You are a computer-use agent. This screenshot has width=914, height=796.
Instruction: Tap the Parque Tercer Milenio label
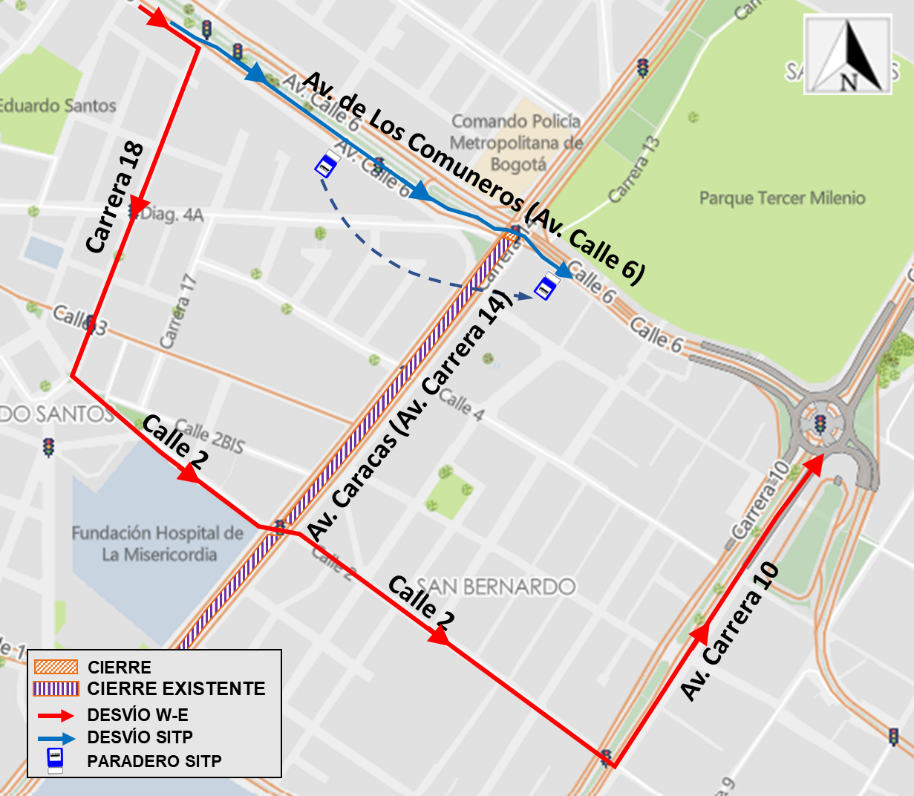782,198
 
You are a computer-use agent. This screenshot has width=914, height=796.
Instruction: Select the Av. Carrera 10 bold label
731,630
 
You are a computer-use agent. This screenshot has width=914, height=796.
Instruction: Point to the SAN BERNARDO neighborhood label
496,585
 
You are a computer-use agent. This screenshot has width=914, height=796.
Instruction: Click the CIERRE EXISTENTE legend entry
176,689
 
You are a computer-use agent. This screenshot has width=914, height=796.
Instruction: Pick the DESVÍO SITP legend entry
149,738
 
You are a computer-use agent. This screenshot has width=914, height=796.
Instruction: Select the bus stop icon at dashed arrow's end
544,289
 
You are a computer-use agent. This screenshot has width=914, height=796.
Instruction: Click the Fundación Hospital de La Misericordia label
157,544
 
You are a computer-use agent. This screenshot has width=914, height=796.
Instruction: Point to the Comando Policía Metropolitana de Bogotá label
516,142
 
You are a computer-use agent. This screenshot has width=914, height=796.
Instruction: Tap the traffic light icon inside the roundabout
820,424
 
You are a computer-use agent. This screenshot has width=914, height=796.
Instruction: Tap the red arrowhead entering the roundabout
815,462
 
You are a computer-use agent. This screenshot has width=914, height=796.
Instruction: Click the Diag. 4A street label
172,214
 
